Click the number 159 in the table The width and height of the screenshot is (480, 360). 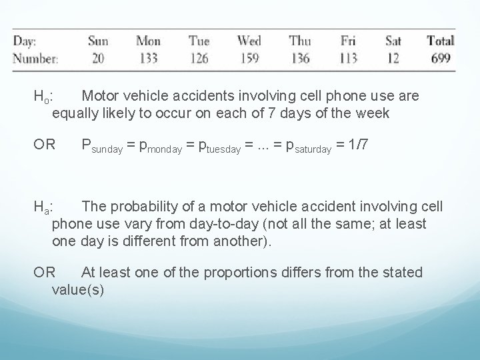(249, 58)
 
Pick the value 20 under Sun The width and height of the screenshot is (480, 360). (98, 58)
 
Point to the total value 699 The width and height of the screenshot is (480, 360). (441, 58)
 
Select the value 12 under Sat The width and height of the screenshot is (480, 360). (393, 58)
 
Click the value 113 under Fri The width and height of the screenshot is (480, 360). (348, 58)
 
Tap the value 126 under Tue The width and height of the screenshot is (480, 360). (199, 58)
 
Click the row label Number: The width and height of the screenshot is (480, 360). (35, 58)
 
